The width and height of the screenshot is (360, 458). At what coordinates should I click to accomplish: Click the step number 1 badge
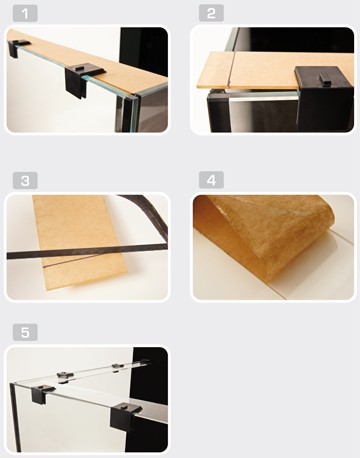coord(25,14)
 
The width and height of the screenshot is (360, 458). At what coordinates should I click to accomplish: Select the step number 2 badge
coord(211,14)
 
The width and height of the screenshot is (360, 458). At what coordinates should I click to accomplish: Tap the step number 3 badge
coord(25,181)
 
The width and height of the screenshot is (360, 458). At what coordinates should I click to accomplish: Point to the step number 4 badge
coord(211,180)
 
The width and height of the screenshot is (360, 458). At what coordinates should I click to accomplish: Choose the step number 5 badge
coord(25,332)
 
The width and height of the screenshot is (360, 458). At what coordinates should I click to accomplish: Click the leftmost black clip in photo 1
coord(18,47)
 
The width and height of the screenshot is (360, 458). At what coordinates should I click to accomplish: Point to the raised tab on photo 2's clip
coord(325,79)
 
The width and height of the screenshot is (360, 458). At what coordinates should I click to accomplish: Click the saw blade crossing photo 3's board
coord(87,252)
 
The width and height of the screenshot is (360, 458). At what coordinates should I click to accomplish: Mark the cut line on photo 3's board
coord(72,262)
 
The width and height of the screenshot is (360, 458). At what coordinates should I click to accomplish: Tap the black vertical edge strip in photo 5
coord(15,417)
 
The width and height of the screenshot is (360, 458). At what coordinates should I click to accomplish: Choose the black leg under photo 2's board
coord(218,111)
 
